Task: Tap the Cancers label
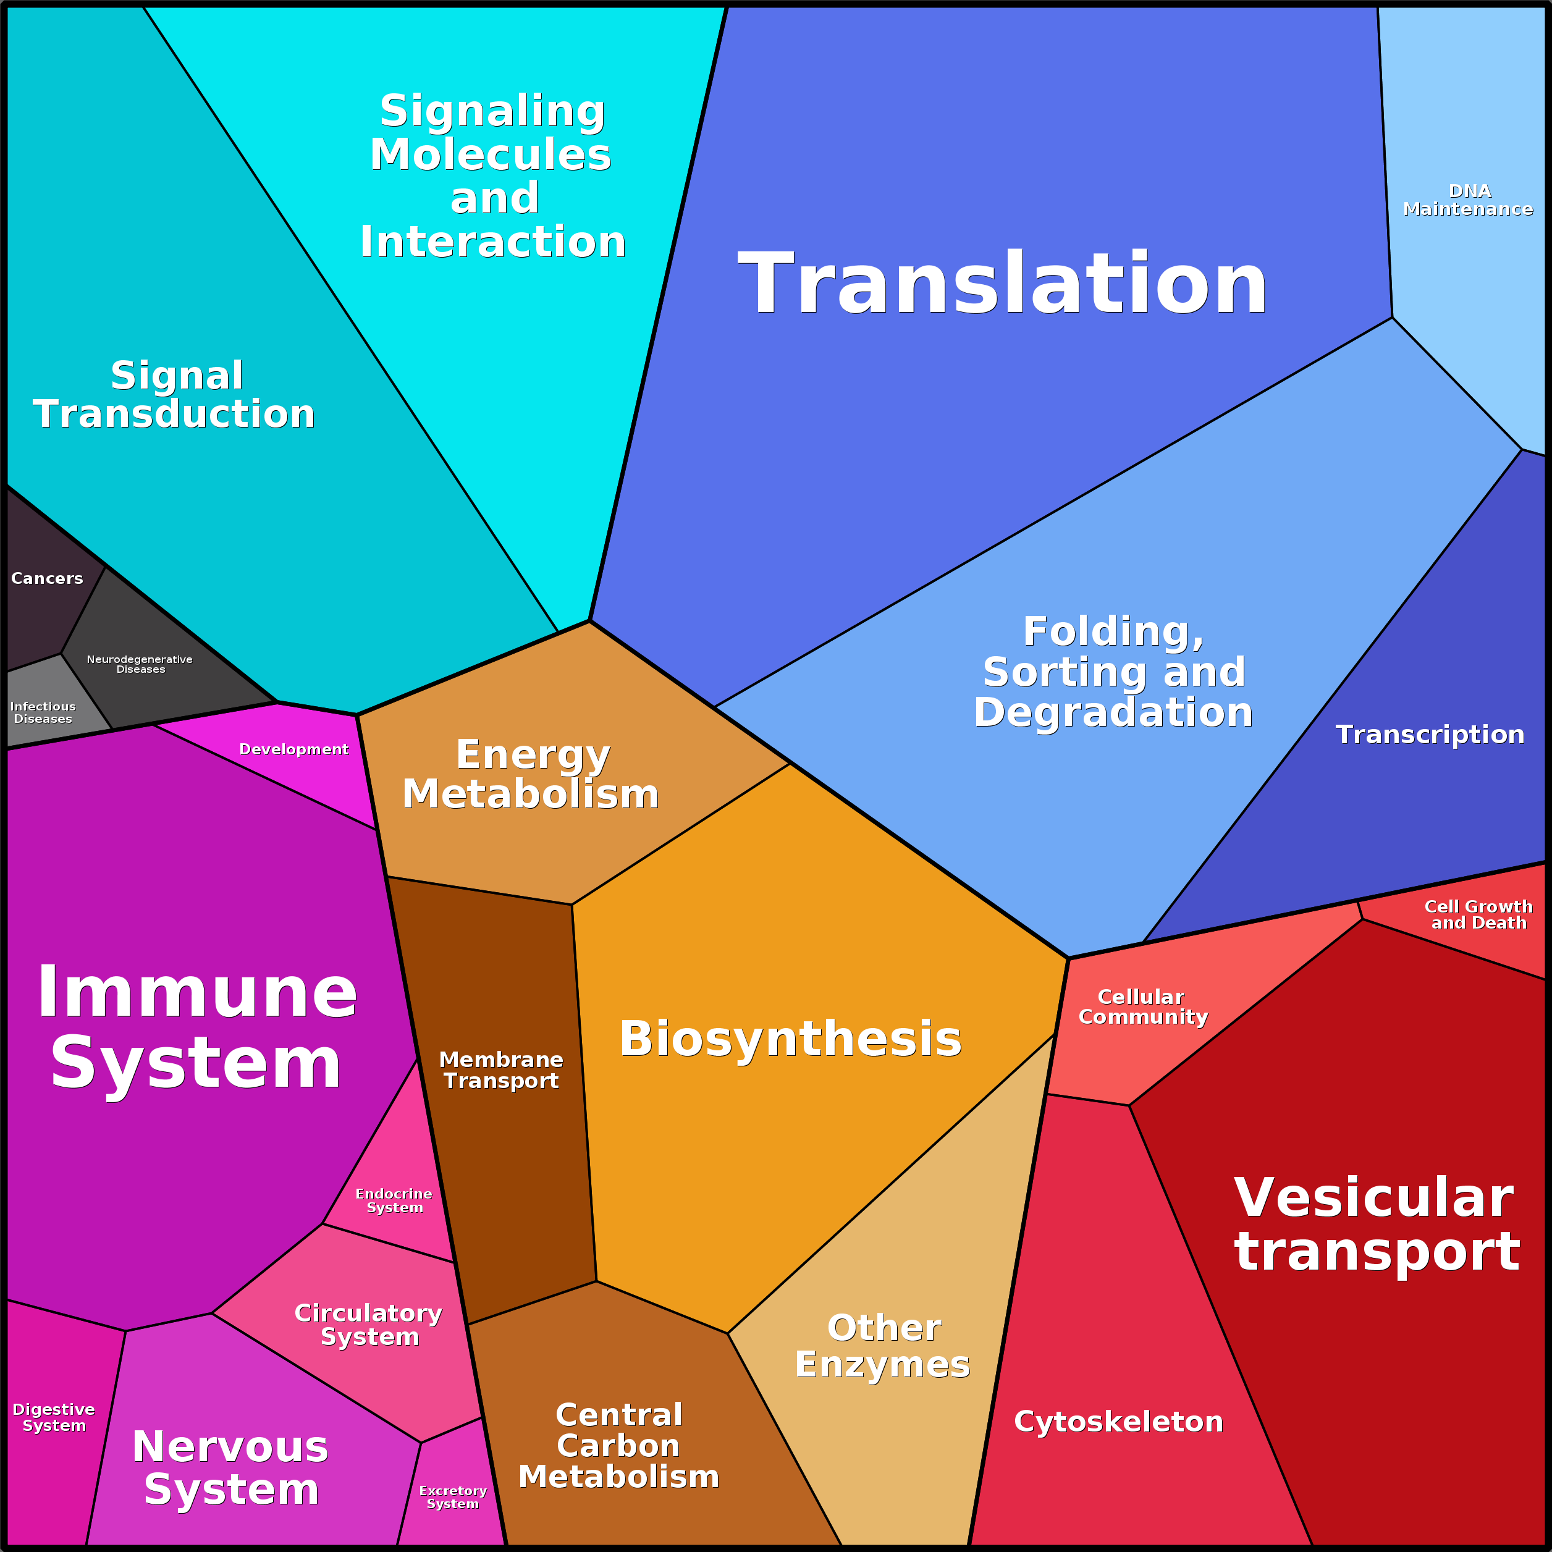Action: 46,578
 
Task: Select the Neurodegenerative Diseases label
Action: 140,664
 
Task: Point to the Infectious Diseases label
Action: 43,712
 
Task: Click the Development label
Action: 293,749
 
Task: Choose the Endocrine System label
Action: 394,1200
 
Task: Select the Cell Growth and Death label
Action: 1478,914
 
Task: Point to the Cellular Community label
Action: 1142,1006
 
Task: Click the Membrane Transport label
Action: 501,1070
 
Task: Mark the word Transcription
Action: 1430,734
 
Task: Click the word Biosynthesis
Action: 790,1039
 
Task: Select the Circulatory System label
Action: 369,1324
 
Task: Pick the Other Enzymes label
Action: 883,1346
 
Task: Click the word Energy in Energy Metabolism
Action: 533,754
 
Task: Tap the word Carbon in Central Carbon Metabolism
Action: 618,1445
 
